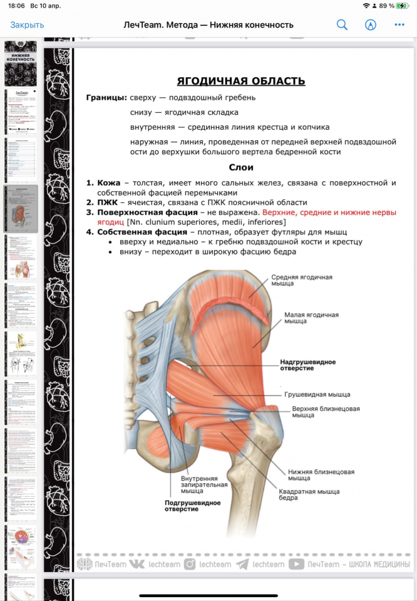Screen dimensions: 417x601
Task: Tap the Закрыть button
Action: pyautogui.click(x=27, y=25)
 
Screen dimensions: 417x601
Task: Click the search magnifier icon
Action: pyautogui.click(x=342, y=25)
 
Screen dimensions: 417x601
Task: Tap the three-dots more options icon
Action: pyautogui.click(x=399, y=25)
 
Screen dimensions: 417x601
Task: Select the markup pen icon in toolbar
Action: pyautogui.click(x=371, y=25)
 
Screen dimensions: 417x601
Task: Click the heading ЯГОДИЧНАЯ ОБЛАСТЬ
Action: pyautogui.click(x=241, y=81)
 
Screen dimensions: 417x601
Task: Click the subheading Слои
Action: pyautogui.click(x=241, y=167)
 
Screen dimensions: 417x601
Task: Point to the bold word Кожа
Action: pyautogui.click(x=108, y=183)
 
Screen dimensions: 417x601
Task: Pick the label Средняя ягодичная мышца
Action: pyautogui.click(x=302, y=280)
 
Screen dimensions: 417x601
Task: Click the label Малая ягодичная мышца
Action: pyautogui.click(x=311, y=318)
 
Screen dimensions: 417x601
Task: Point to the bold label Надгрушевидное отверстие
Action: pyautogui.click(x=307, y=365)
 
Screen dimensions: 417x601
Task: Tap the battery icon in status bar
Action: pyautogui.click(x=401, y=6)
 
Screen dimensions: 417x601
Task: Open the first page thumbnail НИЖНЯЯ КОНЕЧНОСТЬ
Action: pyautogui.click(x=21, y=63)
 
